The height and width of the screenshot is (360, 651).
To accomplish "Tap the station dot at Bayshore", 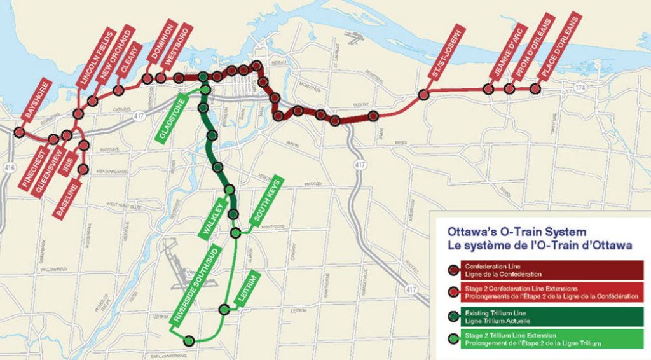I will point(19,132).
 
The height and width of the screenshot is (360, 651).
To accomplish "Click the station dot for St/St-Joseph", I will point(424,95).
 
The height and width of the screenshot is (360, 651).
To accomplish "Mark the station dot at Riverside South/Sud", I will point(188,341).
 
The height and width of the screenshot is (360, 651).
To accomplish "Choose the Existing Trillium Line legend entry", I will point(546,315).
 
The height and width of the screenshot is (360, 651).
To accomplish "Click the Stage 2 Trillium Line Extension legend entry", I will point(546,338).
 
